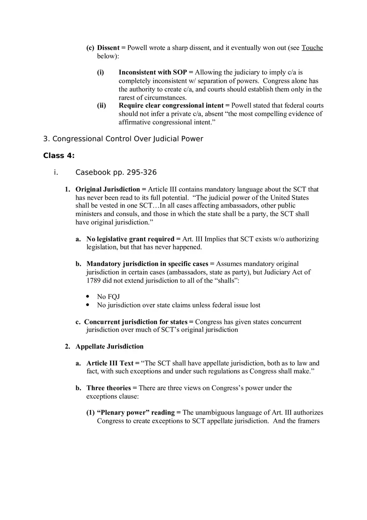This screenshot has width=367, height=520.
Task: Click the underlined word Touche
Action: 312,48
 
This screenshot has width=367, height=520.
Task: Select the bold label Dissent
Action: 108,48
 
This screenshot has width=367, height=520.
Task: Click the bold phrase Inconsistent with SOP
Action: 153,73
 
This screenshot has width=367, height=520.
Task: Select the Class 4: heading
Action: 59,156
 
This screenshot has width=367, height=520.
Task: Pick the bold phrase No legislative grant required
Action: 130,239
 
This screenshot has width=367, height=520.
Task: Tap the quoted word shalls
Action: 225,280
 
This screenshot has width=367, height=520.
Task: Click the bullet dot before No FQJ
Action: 88,296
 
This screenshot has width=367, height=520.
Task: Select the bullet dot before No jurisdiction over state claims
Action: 88,305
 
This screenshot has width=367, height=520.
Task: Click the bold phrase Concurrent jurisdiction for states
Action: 136,322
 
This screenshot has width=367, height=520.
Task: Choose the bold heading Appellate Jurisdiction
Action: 109,347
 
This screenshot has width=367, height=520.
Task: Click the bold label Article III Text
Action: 110,363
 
